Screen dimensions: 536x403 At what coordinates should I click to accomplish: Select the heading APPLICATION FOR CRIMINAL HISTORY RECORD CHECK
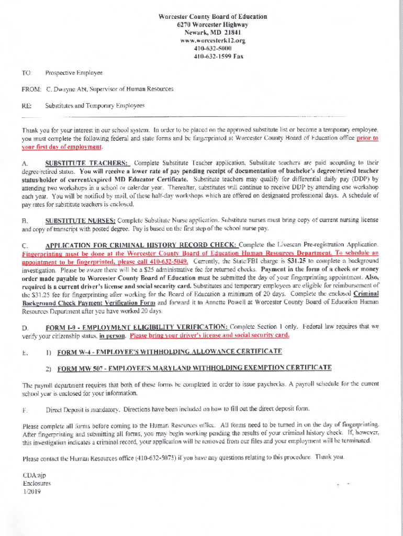click(x=141, y=245)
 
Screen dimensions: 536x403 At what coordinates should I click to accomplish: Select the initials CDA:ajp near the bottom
click(x=35, y=475)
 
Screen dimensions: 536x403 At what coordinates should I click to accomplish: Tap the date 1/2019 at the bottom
click(x=31, y=492)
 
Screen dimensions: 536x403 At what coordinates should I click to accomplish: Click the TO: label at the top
click(x=27, y=73)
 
